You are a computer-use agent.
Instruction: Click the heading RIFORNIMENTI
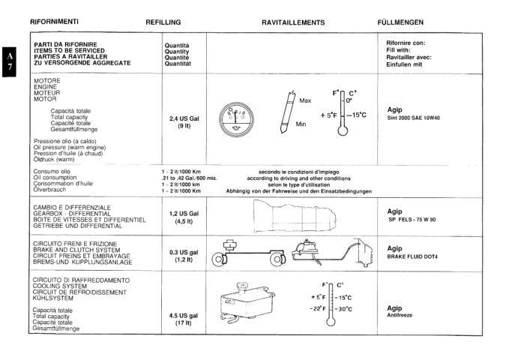click(x=54, y=22)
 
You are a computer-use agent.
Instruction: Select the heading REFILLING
click(x=163, y=22)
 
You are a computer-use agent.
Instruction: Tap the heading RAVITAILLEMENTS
click(x=293, y=22)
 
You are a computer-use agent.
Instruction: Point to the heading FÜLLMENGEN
click(x=400, y=22)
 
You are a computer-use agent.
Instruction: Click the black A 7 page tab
click(x=9, y=61)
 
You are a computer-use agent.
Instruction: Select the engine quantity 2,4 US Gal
click(x=184, y=118)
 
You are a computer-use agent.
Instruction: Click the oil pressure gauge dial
click(x=236, y=119)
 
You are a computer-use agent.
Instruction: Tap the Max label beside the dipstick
click(x=305, y=100)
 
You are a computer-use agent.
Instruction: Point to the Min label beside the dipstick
click(x=301, y=124)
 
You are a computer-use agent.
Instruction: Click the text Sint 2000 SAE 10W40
click(x=413, y=118)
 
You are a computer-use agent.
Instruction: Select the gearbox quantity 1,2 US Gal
click(x=184, y=214)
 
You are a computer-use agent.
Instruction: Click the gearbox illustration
click(x=296, y=216)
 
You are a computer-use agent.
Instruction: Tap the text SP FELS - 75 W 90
click(x=412, y=220)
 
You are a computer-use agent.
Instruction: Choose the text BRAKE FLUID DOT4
click(x=412, y=256)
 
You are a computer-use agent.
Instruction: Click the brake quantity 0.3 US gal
click(x=184, y=252)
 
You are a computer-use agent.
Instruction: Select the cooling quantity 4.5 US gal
click(x=184, y=316)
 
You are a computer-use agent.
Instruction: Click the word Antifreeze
click(x=400, y=315)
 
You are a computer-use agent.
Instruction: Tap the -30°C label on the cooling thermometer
click(x=343, y=309)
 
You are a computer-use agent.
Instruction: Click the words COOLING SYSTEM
click(x=60, y=286)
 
